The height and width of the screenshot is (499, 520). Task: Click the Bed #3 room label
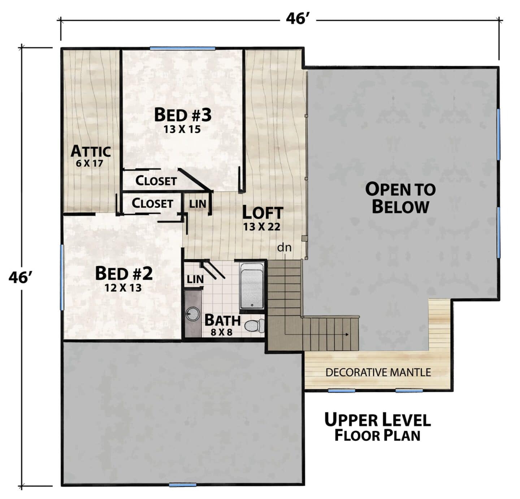(x=183, y=115)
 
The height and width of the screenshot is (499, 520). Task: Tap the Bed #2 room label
(x=124, y=273)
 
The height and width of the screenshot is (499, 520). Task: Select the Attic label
(x=91, y=151)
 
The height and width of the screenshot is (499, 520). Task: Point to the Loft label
(x=263, y=213)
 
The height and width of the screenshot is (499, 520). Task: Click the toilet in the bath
(x=254, y=326)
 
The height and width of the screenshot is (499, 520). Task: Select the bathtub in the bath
(x=252, y=285)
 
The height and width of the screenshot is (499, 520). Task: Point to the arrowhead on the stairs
(x=347, y=334)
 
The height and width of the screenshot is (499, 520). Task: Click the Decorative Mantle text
(x=378, y=372)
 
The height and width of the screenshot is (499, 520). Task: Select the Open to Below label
(x=400, y=198)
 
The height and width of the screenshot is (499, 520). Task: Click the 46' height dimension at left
(x=21, y=277)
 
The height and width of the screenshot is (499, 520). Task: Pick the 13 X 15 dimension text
(x=182, y=130)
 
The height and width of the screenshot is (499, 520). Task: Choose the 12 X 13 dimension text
(x=123, y=288)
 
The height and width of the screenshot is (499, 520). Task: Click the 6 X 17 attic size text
(x=90, y=163)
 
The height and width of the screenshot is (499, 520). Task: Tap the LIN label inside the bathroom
(x=195, y=280)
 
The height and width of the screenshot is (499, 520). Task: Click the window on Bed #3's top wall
(x=182, y=49)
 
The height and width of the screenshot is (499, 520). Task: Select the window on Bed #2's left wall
(x=62, y=277)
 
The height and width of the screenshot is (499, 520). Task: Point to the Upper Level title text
(x=377, y=419)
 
